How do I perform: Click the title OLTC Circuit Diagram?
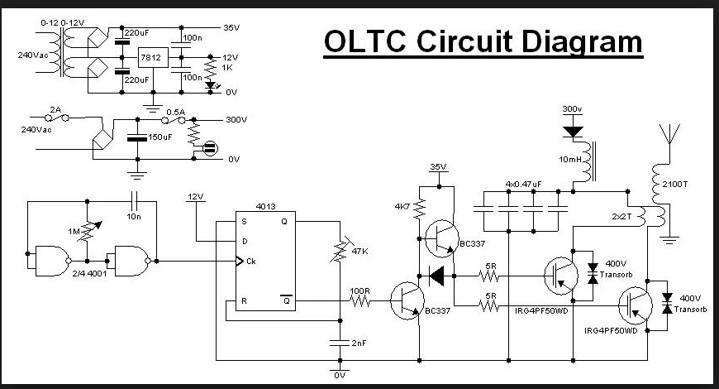[x=483, y=41]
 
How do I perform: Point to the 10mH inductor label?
[x=570, y=158]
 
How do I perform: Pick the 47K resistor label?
[x=360, y=250]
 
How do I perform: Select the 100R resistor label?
[x=359, y=291]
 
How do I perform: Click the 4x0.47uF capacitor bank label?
[x=523, y=183]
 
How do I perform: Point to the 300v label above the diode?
[x=572, y=109]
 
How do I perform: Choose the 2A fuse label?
[x=55, y=109]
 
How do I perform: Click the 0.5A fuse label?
[x=175, y=111]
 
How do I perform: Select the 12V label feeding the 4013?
[x=195, y=197]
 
